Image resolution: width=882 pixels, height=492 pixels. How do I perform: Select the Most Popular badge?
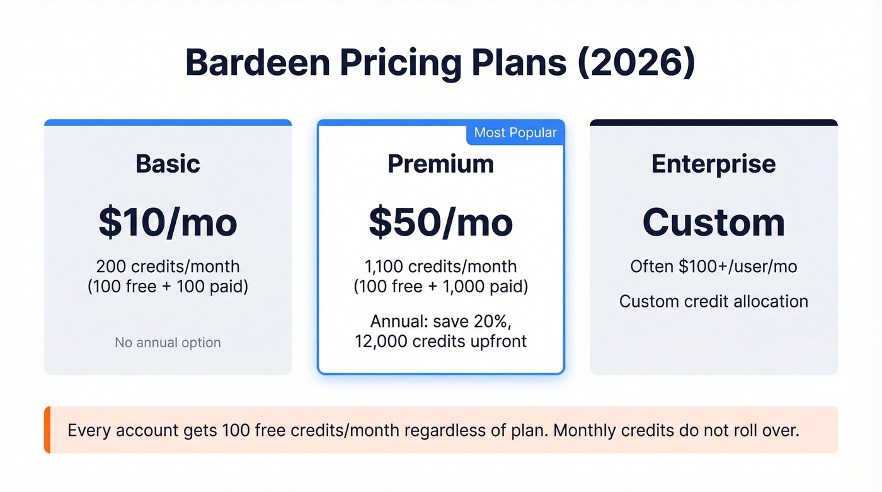click(515, 133)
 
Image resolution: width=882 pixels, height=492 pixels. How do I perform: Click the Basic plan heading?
click(168, 164)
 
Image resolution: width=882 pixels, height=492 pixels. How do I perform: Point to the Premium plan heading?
click(440, 164)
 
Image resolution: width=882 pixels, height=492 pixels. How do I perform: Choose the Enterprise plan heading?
click(713, 164)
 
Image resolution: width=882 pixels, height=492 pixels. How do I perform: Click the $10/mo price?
click(168, 222)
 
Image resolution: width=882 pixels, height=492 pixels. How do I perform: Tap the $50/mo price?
click(440, 222)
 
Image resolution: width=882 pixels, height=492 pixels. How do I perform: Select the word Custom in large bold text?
click(713, 222)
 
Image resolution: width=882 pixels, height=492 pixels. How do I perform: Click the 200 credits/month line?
click(168, 266)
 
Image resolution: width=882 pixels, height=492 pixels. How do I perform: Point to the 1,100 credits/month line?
click(440, 266)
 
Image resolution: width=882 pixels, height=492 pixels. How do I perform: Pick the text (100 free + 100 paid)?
click(168, 287)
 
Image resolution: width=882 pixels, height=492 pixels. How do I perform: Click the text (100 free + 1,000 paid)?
click(440, 287)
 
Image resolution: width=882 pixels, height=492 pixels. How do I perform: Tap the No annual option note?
click(168, 343)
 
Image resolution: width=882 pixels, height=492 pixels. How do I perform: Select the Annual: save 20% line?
click(440, 321)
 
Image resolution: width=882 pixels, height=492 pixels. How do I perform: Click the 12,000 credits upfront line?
click(440, 341)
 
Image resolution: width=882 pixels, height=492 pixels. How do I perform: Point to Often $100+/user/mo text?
click(713, 266)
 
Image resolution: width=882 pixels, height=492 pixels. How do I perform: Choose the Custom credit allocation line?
click(713, 301)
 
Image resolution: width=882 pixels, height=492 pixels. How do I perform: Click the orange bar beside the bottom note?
click(47, 430)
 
